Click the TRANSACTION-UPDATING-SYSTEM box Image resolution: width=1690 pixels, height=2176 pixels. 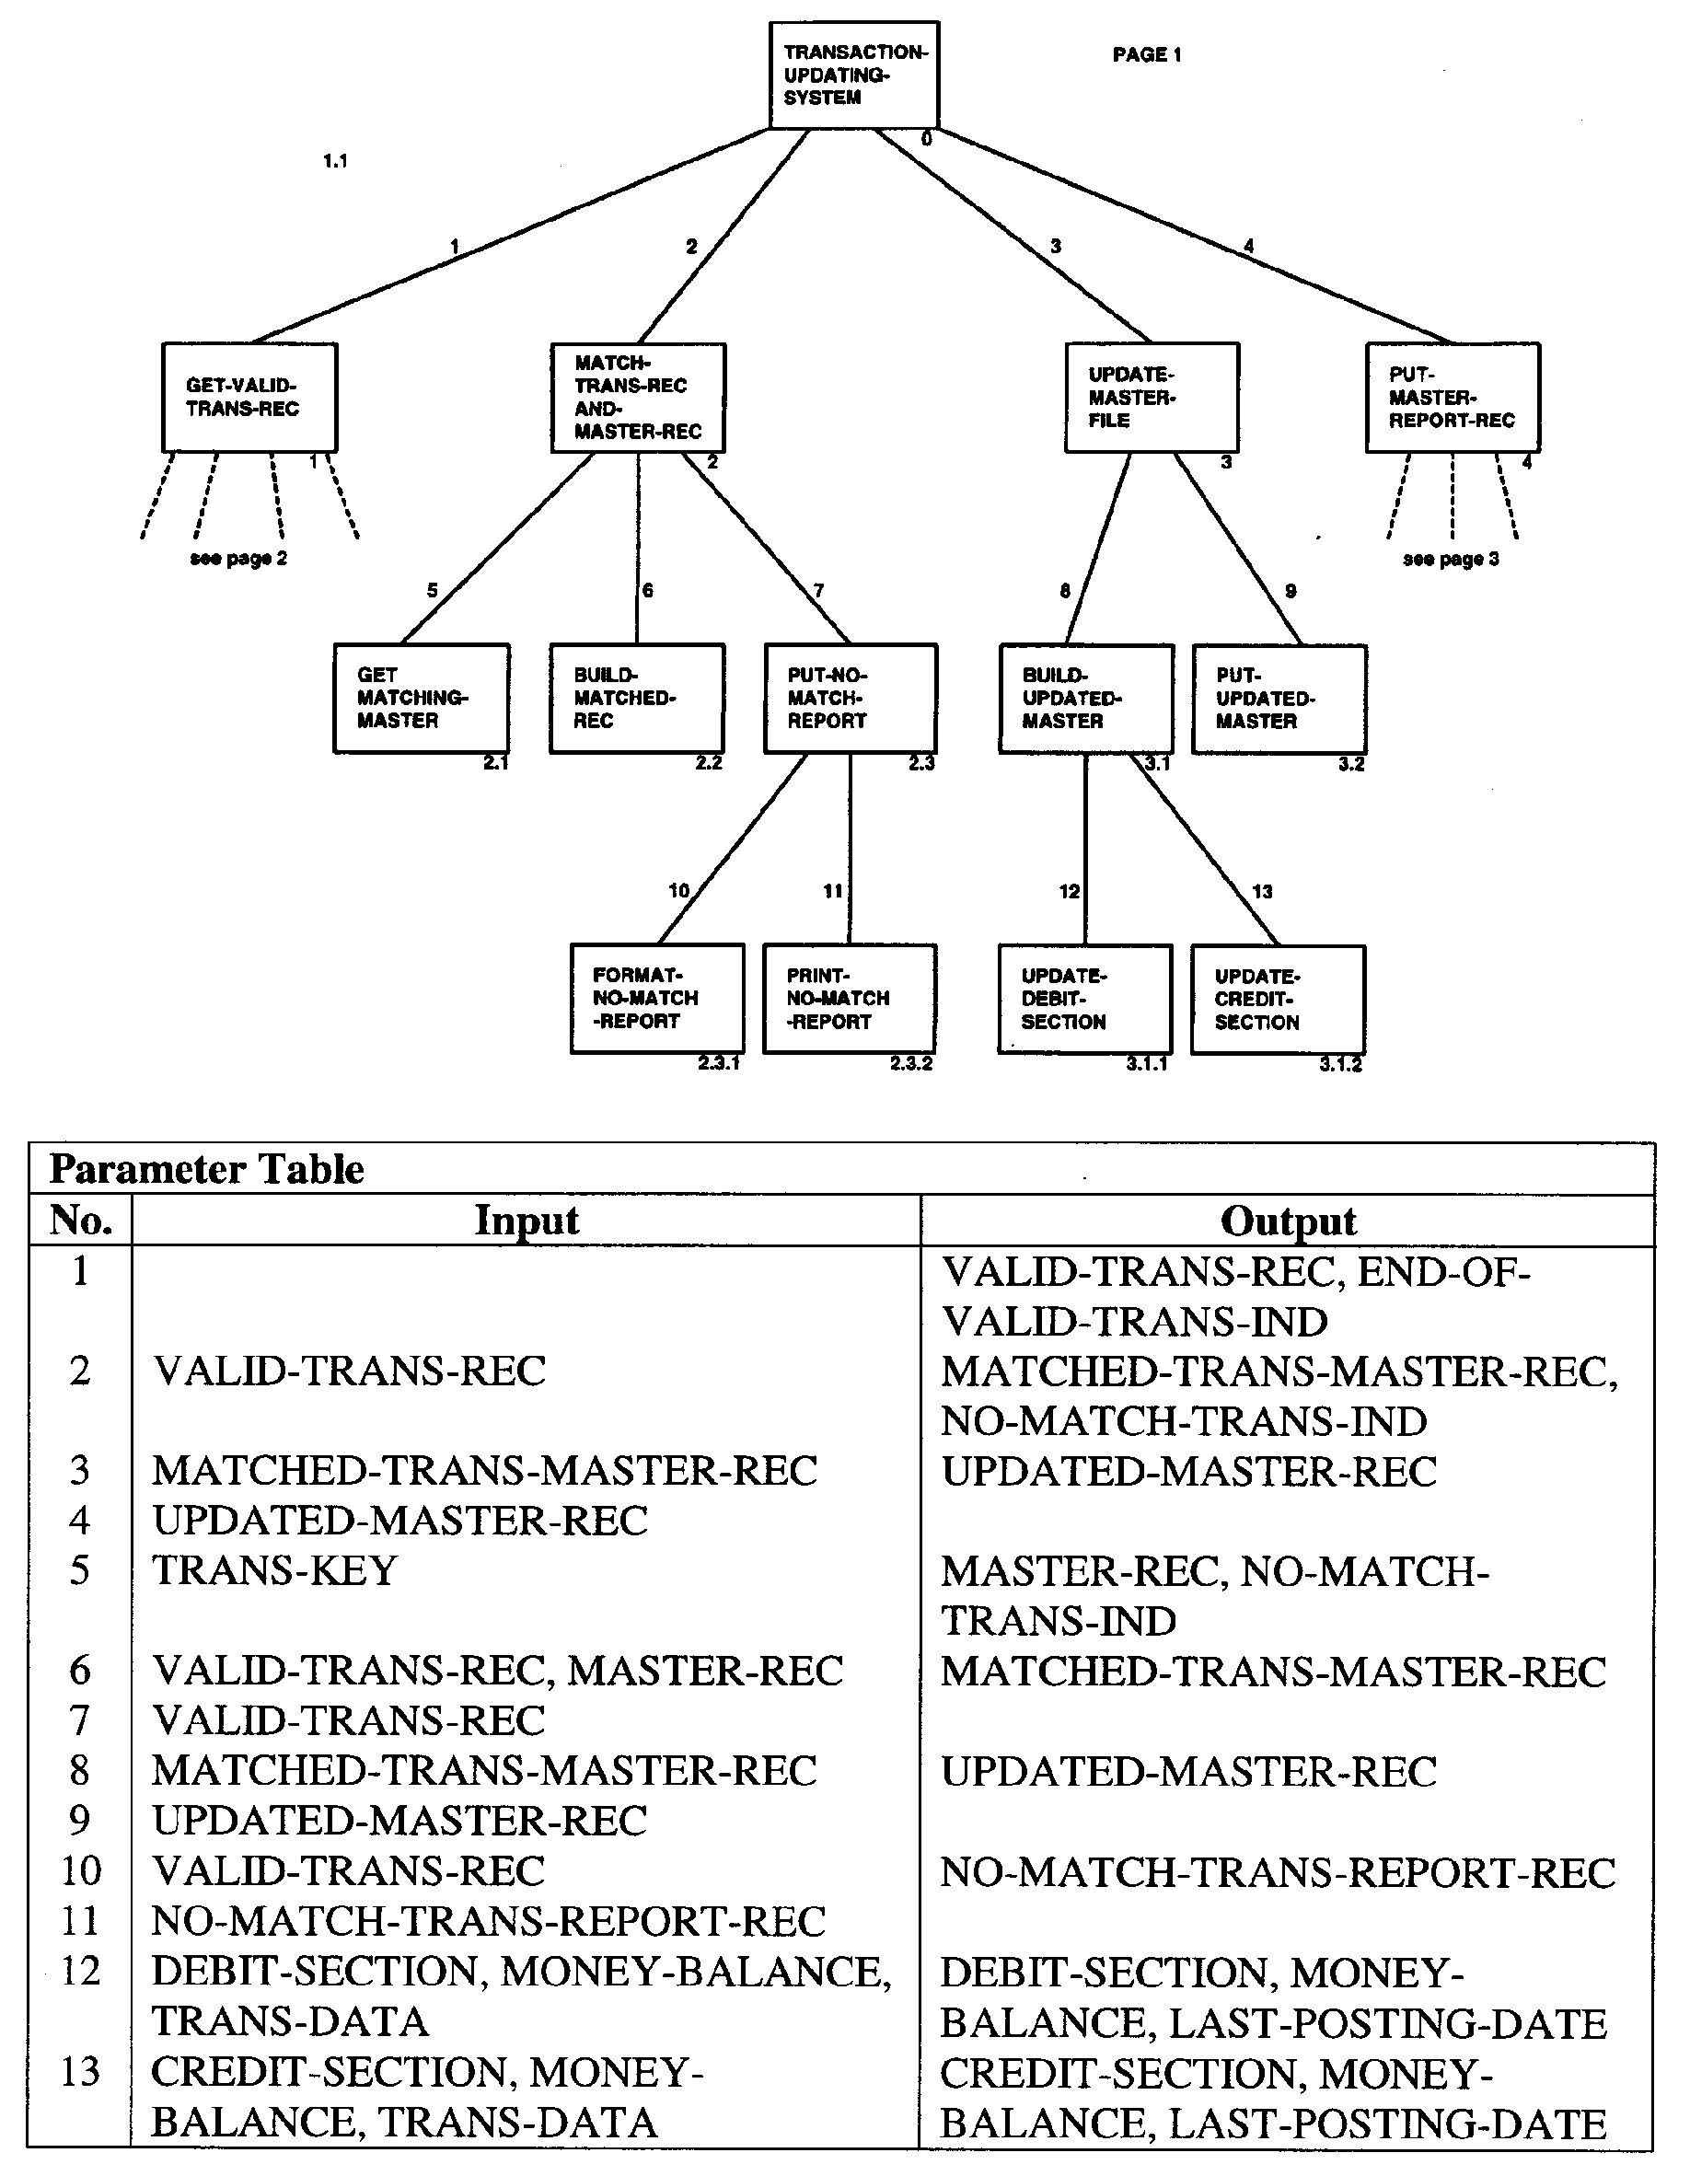pyautogui.click(x=854, y=75)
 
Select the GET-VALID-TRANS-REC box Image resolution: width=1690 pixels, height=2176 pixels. pyautogui.click(x=249, y=398)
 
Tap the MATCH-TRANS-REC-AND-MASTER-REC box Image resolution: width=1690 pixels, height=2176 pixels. pyautogui.click(x=638, y=398)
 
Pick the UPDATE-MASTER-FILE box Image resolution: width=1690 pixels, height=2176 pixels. pyautogui.click(x=1151, y=398)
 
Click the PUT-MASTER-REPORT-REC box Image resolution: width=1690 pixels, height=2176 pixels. pyautogui.click(x=1452, y=398)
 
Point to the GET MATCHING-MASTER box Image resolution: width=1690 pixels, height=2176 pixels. pyautogui.click(x=422, y=699)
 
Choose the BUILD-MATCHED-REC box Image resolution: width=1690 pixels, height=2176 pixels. pyautogui.click(x=637, y=699)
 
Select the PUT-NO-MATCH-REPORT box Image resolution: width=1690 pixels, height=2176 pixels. pyautogui.click(x=850, y=699)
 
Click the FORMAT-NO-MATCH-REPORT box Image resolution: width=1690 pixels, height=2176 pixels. pyautogui.click(x=656, y=999)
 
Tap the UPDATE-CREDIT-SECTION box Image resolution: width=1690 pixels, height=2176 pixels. pyautogui.click(x=1278, y=1000)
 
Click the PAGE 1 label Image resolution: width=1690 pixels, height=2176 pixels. pyautogui.click(x=1146, y=55)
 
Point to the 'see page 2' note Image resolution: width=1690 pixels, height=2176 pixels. pyautogui.click(x=238, y=559)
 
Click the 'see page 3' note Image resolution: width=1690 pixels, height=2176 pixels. pyautogui.click(x=1450, y=559)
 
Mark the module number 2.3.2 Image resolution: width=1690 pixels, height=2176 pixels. pyautogui.click(x=910, y=1064)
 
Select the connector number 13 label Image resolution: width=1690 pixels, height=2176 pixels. pyautogui.click(x=1262, y=892)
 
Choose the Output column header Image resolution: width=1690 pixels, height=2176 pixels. pyautogui.click(x=1288, y=1221)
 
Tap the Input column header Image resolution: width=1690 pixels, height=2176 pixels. pyautogui.click(x=527, y=1221)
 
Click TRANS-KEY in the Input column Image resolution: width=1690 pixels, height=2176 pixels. pyautogui.click(x=274, y=1571)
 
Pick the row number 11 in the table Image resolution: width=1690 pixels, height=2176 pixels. pyautogui.click(x=81, y=1921)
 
